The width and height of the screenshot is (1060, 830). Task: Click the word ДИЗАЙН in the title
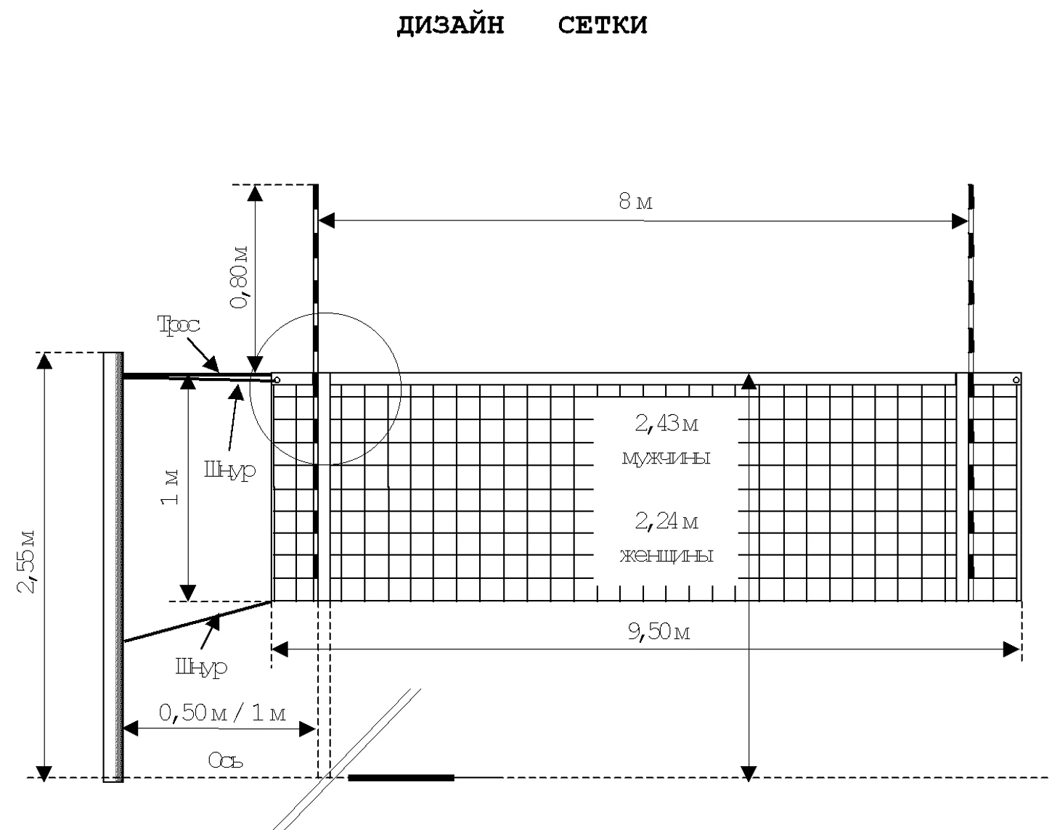click(450, 25)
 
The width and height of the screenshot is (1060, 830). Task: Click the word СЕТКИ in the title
click(603, 25)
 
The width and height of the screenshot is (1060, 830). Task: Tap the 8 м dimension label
click(635, 201)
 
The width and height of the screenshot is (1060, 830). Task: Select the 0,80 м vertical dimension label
click(239, 277)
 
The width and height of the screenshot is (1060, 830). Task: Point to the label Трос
click(179, 324)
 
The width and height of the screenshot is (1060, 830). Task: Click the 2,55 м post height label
click(26, 562)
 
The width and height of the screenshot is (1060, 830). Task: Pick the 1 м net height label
click(170, 487)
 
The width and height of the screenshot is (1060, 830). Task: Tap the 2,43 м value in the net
click(666, 424)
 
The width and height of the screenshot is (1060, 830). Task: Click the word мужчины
click(666, 458)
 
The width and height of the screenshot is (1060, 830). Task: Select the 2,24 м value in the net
click(666, 522)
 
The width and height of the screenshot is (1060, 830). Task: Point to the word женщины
click(666, 556)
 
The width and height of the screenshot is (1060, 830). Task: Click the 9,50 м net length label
click(659, 632)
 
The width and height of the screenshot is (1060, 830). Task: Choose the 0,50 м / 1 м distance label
click(222, 713)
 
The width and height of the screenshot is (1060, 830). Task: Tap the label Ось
click(225, 760)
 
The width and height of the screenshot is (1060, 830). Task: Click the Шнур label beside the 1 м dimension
click(229, 470)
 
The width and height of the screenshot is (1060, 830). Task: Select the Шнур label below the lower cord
click(201, 667)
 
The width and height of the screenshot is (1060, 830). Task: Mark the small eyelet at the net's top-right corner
click(1016, 379)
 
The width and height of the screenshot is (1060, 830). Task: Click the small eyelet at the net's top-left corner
click(277, 380)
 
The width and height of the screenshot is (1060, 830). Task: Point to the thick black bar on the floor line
click(401, 778)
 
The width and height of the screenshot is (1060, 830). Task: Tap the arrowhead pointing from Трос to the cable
click(213, 364)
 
